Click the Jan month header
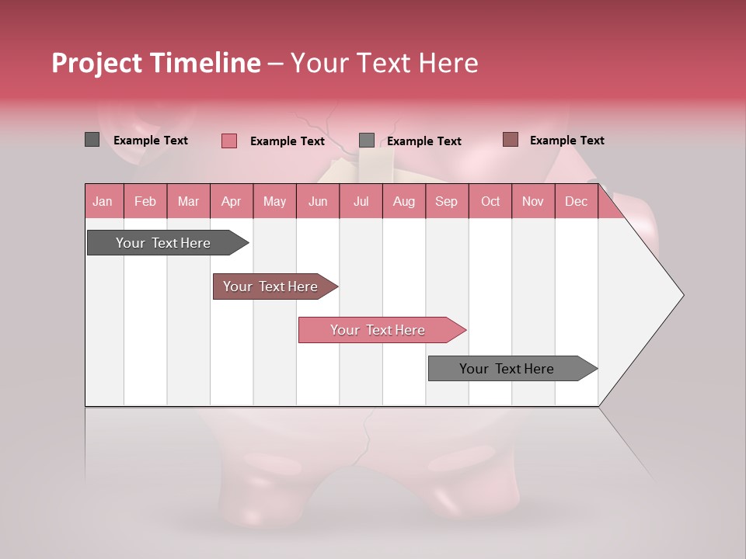(x=103, y=201)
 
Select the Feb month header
(x=145, y=201)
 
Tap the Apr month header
(x=231, y=201)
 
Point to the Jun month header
(x=318, y=201)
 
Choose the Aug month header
(x=403, y=201)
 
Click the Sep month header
(x=446, y=201)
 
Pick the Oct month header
(x=490, y=201)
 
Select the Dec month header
(x=576, y=201)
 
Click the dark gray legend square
(x=92, y=140)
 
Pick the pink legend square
(x=228, y=141)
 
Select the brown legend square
(x=510, y=140)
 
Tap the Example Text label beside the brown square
(x=566, y=141)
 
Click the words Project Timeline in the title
(x=155, y=63)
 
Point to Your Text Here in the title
(x=384, y=63)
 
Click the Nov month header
(x=533, y=201)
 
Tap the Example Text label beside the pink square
(x=287, y=141)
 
